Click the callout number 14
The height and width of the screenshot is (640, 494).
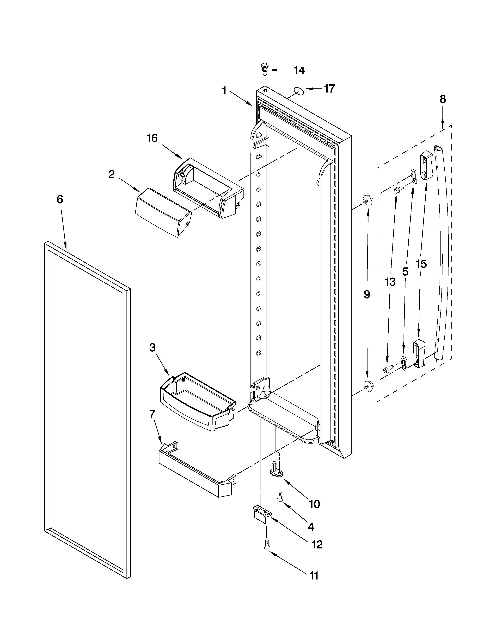299,70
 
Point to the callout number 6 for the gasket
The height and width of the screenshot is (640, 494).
60,200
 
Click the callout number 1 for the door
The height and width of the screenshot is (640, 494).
224,91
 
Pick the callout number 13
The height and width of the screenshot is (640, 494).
390,282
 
